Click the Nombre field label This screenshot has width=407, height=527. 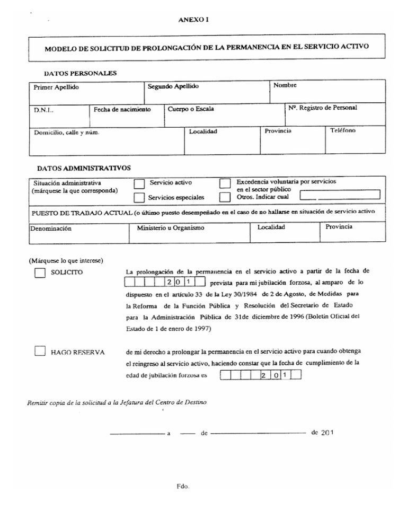[285, 85]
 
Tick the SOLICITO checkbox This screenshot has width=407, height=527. [38, 273]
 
